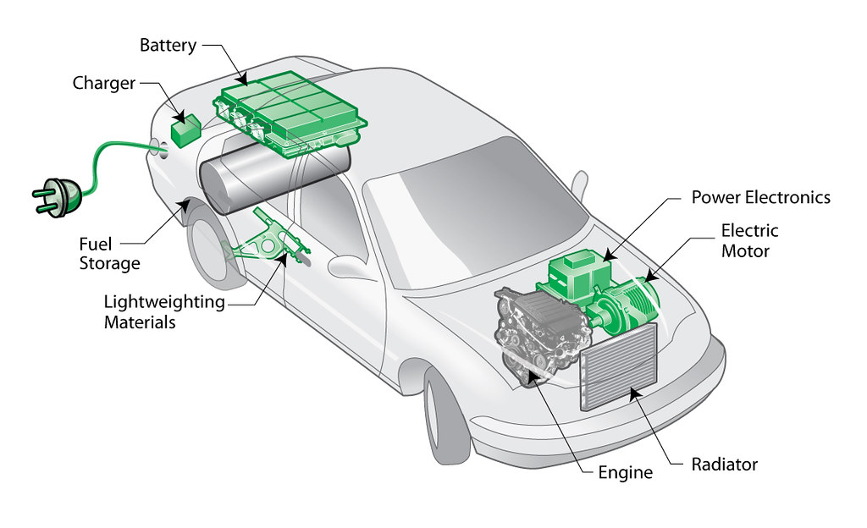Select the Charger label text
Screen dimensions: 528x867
(104, 83)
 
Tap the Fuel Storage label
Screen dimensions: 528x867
(109, 253)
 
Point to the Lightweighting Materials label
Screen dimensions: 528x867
(163, 311)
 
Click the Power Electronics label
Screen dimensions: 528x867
(760, 197)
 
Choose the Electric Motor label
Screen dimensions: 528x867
(749, 240)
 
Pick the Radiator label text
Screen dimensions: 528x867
(724, 465)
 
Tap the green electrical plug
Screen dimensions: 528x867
(56, 193)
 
